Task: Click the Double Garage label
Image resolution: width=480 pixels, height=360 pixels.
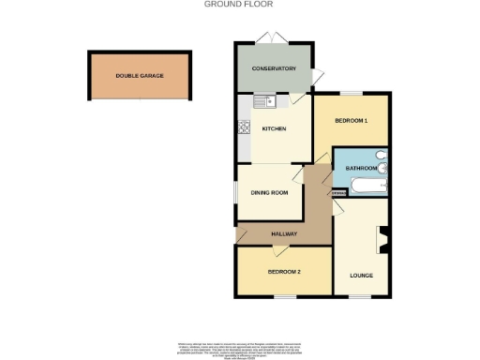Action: click(139, 75)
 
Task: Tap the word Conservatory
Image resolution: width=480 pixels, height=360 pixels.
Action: click(274, 68)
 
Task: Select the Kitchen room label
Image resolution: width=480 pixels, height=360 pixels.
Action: click(274, 128)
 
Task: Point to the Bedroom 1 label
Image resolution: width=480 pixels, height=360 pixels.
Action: click(352, 121)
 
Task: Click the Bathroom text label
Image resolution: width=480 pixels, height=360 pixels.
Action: click(361, 168)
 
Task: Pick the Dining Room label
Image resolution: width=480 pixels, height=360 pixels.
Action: click(268, 194)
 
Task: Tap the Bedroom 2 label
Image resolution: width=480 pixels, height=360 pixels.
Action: click(284, 272)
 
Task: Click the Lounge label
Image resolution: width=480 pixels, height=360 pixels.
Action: click(362, 275)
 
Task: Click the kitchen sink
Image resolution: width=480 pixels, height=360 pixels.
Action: click(260, 100)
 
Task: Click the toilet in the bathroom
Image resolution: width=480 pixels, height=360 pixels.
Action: click(379, 157)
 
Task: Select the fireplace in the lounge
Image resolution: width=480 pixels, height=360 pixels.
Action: click(382, 241)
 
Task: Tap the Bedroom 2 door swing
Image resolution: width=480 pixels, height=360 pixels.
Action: click(278, 249)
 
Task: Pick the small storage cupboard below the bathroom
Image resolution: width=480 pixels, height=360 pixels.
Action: click(337, 194)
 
